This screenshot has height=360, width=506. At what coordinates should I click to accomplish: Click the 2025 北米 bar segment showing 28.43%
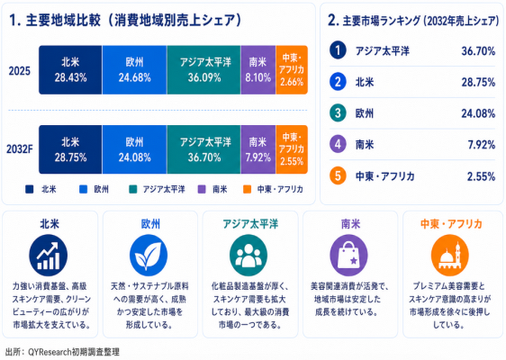tap(70, 70)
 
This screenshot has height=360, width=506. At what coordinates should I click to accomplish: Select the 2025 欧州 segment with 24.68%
tap(134, 70)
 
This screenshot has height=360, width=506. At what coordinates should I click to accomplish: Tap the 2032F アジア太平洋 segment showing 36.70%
tap(204, 149)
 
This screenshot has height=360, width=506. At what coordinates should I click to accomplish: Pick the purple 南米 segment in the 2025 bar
tap(258, 70)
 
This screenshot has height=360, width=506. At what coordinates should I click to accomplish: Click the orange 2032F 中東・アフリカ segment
tap(292, 149)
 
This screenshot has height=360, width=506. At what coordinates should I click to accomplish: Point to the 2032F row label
tap(20, 149)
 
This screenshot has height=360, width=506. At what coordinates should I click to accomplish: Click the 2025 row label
tap(20, 70)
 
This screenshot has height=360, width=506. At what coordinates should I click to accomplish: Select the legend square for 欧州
tap(83, 189)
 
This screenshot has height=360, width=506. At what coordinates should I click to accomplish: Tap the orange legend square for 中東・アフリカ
tap(248, 189)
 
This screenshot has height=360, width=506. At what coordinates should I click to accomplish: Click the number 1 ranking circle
tap(338, 50)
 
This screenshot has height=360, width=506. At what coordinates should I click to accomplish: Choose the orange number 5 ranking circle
tap(338, 175)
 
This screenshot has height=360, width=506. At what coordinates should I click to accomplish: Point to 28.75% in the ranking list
tap(478, 82)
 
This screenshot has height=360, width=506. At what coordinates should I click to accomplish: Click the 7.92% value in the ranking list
tap(482, 145)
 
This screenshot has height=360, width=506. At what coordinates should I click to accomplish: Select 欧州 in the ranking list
tap(365, 113)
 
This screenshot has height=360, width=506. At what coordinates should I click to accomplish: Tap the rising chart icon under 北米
tap(49, 256)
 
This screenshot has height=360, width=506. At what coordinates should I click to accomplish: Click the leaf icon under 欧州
tap(149, 256)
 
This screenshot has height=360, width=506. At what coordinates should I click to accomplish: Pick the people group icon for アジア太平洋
tap(248, 256)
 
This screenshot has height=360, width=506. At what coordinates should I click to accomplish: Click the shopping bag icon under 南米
tap(348, 256)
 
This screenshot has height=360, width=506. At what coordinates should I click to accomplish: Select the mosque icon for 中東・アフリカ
tap(450, 256)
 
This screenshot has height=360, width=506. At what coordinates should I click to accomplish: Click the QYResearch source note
tap(62, 352)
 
